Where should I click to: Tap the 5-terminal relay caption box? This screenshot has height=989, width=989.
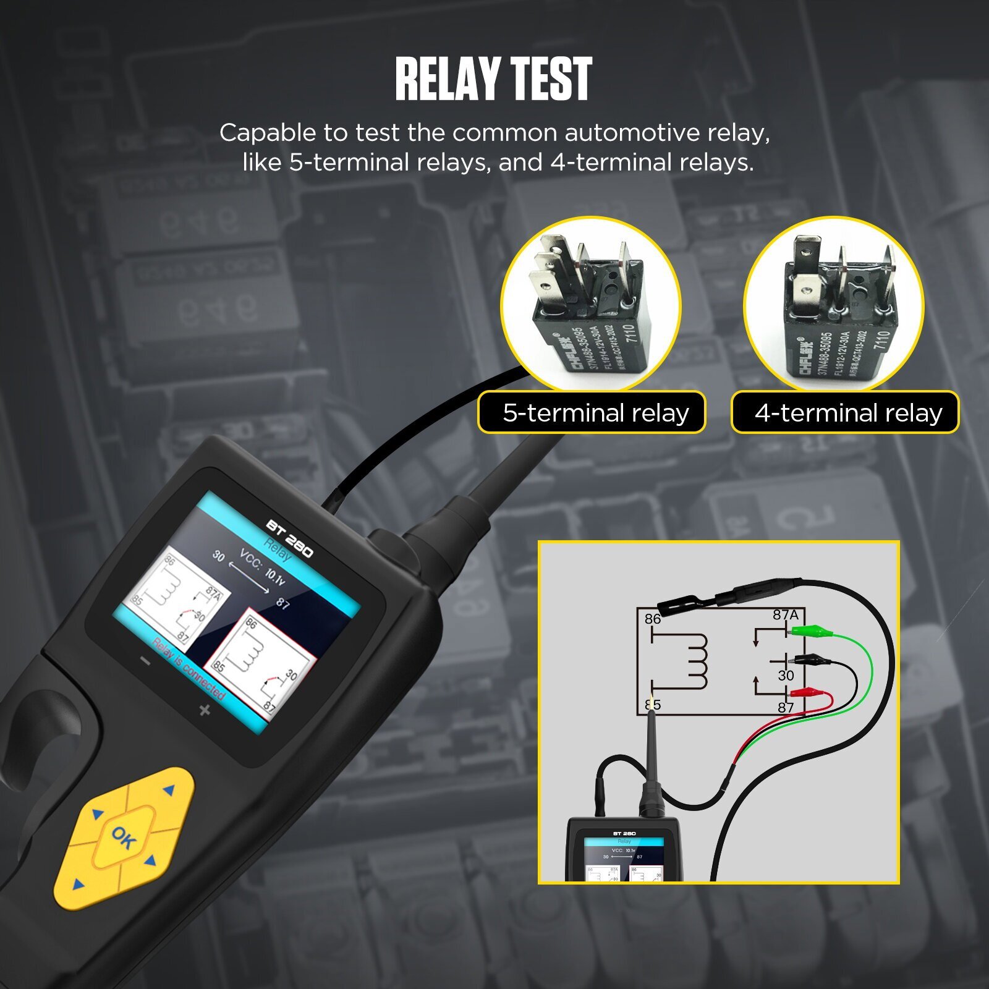point(592,412)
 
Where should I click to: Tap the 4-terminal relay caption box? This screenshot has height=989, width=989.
point(845,412)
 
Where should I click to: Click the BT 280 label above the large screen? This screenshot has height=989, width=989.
point(289,538)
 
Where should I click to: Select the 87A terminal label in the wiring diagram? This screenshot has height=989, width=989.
point(785,615)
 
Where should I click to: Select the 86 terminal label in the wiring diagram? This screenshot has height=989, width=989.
point(653,619)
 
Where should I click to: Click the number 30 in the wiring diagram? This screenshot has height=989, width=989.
point(786,676)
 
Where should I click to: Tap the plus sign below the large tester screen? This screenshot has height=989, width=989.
point(205,710)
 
